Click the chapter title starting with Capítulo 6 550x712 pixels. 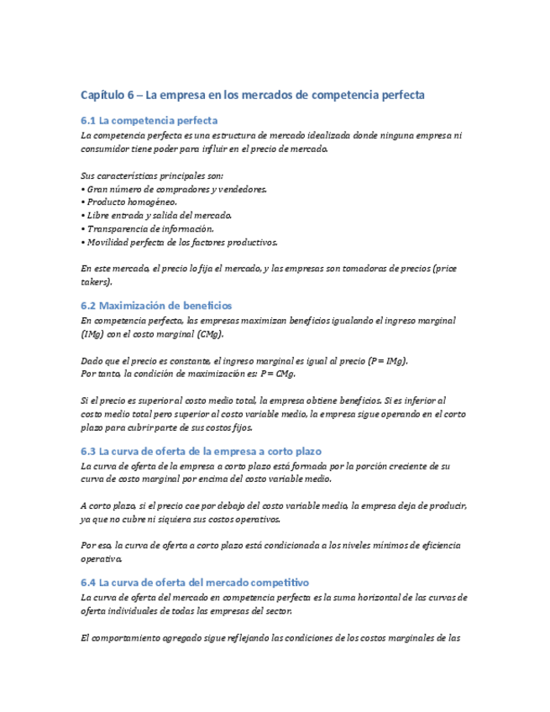click(252, 95)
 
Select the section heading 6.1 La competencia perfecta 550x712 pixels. click(149, 121)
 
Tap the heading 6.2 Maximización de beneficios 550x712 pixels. click(156, 305)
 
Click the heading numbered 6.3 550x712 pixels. click(201, 451)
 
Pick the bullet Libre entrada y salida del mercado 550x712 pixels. click(156, 216)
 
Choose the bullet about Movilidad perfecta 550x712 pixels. click(178, 243)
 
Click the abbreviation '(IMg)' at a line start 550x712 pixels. click(93, 334)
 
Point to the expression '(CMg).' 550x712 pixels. click(210, 334)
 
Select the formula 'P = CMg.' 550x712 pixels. click(279, 374)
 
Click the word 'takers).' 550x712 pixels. click(97, 282)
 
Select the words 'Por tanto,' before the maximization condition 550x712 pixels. click(100, 374)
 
